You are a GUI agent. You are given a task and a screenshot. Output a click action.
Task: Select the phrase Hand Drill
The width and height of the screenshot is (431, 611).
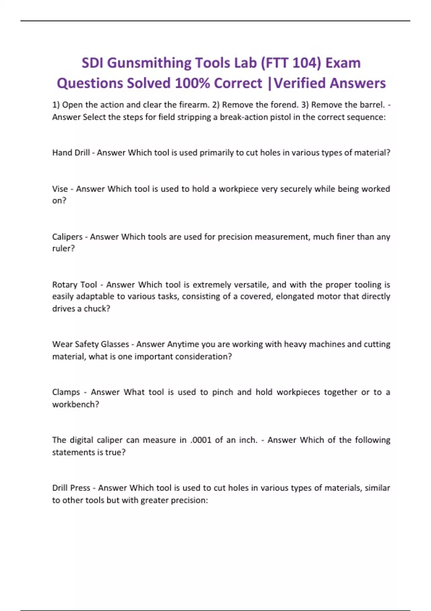pyautogui.click(x=71, y=153)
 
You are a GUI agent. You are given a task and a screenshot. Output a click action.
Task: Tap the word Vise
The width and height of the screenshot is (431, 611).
pyautogui.click(x=60, y=189)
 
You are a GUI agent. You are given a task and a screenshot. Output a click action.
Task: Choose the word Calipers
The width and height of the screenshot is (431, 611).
pyautogui.click(x=67, y=237)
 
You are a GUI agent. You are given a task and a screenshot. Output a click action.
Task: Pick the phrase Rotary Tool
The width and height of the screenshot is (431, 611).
pyautogui.click(x=75, y=285)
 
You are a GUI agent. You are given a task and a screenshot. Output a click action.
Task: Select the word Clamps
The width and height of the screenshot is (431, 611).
pyautogui.click(x=66, y=392)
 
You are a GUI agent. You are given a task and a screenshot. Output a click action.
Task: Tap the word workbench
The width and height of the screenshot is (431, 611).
pyautogui.click(x=74, y=404)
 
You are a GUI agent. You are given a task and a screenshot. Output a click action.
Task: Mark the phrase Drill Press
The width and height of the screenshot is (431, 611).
pyautogui.click(x=71, y=488)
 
